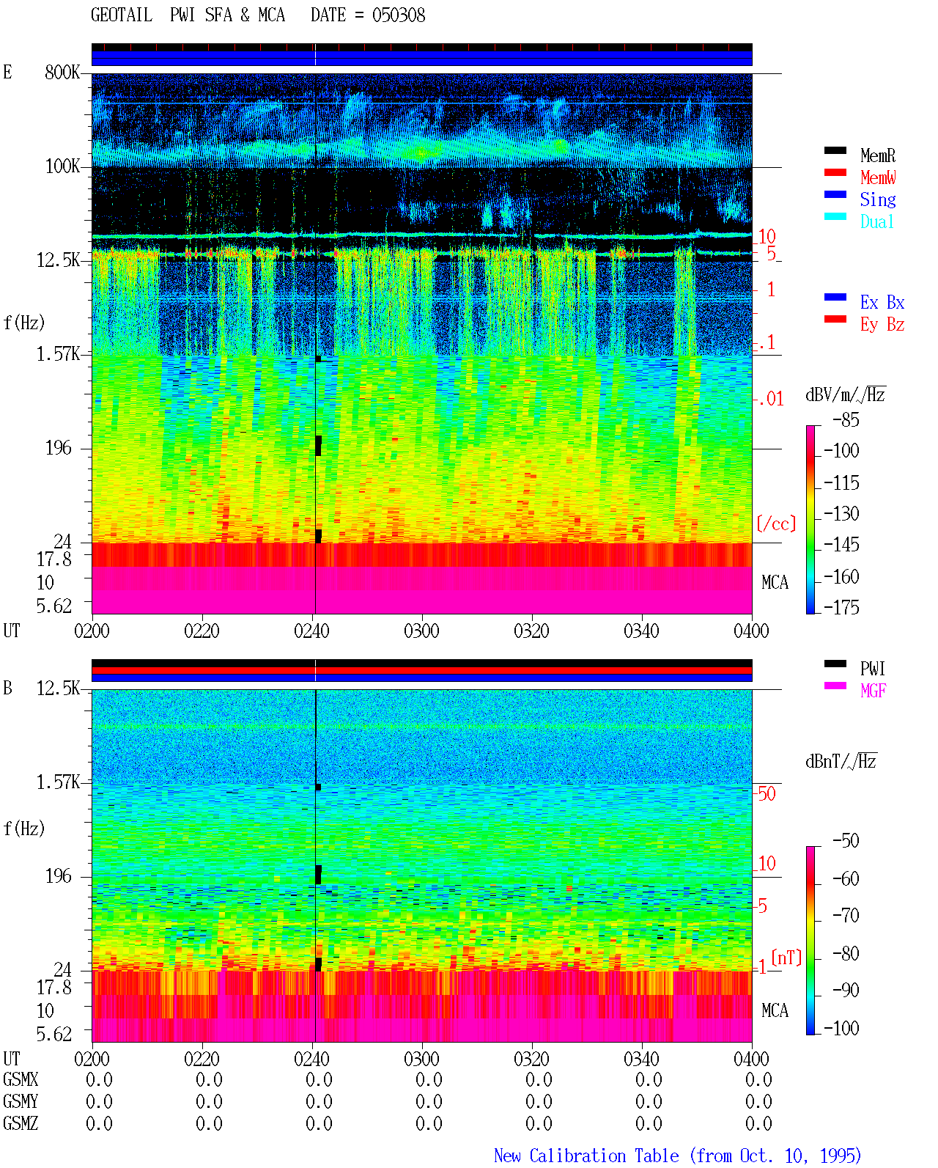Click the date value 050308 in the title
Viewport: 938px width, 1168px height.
point(398,15)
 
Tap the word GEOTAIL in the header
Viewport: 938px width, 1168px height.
point(122,15)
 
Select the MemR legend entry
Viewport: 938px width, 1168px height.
point(877,155)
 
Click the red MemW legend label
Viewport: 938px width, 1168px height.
point(877,177)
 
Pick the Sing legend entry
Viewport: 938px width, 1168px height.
point(877,199)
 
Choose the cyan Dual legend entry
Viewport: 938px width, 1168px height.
point(876,221)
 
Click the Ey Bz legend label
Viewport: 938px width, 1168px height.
point(882,325)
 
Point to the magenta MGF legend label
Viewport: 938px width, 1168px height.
point(873,691)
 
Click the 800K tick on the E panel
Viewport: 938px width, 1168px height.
point(62,72)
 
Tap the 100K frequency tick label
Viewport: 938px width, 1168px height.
point(62,166)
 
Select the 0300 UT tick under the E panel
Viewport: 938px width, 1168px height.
point(421,631)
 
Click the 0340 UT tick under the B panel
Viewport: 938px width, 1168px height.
point(641,1059)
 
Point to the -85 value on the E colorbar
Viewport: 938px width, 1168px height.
point(846,420)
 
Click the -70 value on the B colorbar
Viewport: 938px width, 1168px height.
point(846,915)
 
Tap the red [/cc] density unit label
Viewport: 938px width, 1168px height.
point(776,524)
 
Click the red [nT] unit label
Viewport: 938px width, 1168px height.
point(786,957)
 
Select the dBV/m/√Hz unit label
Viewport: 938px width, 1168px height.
point(845,394)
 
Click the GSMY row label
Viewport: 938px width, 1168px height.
point(21,1102)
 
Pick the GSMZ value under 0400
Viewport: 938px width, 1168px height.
point(758,1123)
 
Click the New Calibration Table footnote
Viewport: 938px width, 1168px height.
point(677,1156)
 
